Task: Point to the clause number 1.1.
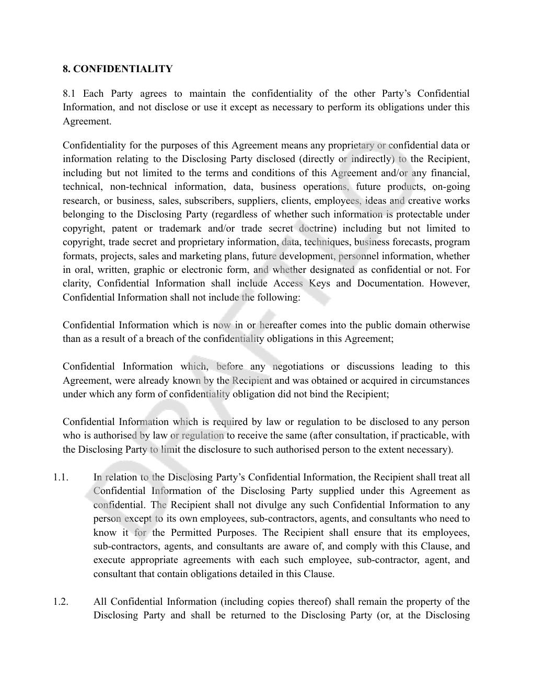point(61,477)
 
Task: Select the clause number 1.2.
point(61,602)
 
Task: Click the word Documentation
point(397,283)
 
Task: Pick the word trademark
point(180,228)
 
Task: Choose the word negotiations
point(298,366)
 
